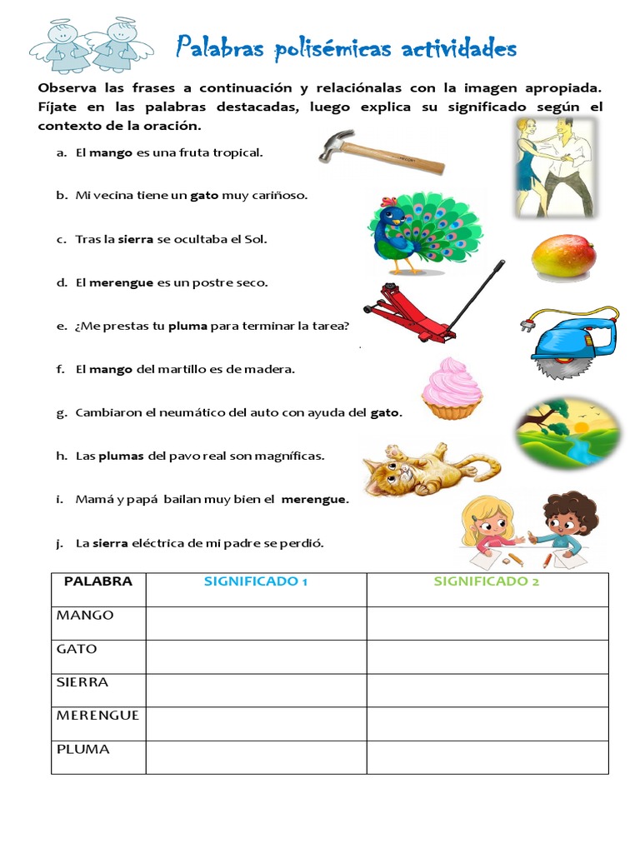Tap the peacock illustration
(x=423, y=232)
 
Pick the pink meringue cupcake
(x=451, y=388)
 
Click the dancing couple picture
(x=553, y=166)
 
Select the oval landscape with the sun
(x=567, y=432)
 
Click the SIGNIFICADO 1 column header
(x=256, y=581)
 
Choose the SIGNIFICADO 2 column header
(x=487, y=581)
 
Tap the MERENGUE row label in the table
(x=97, y=716)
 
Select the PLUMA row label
(x=83, y=749)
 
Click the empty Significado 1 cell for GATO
(x=256, y=656)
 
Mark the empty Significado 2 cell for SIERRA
(x=487, y=690)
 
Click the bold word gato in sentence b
(x=204, y=196)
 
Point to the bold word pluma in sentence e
(x=187, y=326)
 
